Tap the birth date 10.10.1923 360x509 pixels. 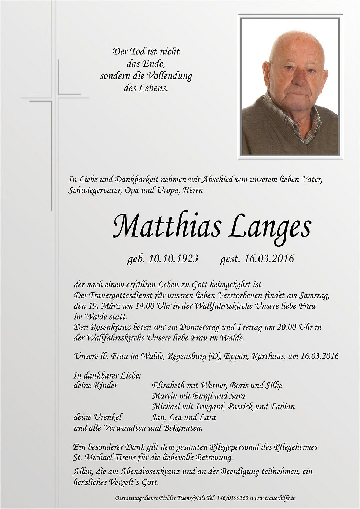click(x=173, y=259)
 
